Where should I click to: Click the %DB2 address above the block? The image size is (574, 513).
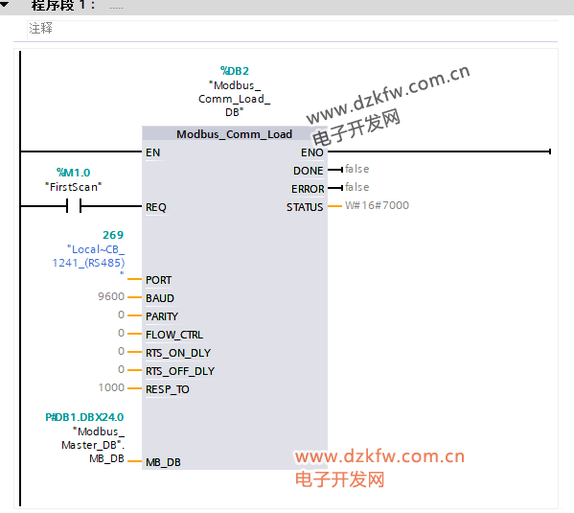coord(234,71)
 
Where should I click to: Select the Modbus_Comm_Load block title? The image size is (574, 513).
coord(234,134)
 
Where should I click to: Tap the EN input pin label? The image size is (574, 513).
coord(152,152)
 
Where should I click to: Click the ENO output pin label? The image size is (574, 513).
coord(311,152)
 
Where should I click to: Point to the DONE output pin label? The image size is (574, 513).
coord(308,171)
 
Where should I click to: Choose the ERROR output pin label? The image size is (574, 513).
coord(308,189)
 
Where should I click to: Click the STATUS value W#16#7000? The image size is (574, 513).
coord(377,205)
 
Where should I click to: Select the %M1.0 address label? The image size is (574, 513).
coord(73,173)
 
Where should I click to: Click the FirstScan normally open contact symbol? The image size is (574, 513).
coord(74,206)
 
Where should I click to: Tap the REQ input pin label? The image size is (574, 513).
coord(156,207)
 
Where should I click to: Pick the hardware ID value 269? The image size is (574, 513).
coord(113,235)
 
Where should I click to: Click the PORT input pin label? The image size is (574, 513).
coord(158,280)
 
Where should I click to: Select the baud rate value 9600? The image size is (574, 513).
coord(111,296)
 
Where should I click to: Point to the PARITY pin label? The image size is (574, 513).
coord(162,316)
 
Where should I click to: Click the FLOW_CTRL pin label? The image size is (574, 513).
coord(174,335)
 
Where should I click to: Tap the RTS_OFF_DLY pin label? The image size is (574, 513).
coord(180,371)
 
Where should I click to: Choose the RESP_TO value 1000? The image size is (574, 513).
coord(111,387)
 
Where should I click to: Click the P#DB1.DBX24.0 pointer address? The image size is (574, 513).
coord(84,417)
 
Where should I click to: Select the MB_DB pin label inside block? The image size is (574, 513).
coord(163,462)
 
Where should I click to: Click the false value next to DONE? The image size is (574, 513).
coord(356,169)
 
